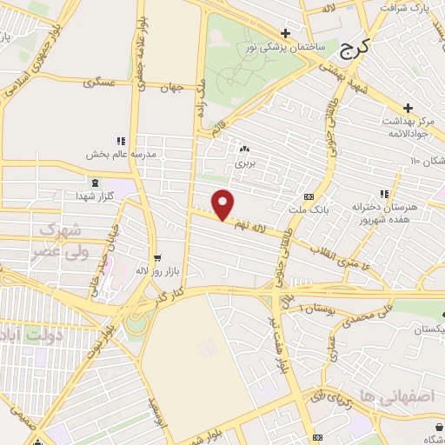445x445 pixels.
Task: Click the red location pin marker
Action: pos(223,205)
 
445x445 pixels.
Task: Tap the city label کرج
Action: pos(354,50)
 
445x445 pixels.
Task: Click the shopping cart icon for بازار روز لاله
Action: pos(157,258)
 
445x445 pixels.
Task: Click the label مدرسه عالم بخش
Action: pos(120,154)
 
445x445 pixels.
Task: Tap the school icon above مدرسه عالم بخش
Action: pos(121,141)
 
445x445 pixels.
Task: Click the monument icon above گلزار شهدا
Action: pos(93,183)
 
